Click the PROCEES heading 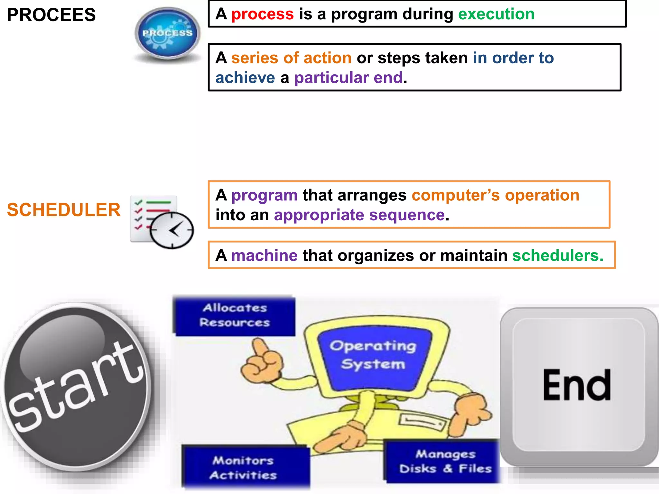point(51,15)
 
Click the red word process point(262,14)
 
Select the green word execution point(496,14)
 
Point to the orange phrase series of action point(291,58)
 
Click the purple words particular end point(348,78)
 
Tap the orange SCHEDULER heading point(64,210)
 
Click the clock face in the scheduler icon point(172,230)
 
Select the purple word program point(264,195)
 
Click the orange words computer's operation point(496,195)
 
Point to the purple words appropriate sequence point(359,215)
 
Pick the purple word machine point(264,256)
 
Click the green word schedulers point(557,256)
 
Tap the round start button point(76,386)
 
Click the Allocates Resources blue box point(235,316)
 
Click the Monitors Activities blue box point(245,467)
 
